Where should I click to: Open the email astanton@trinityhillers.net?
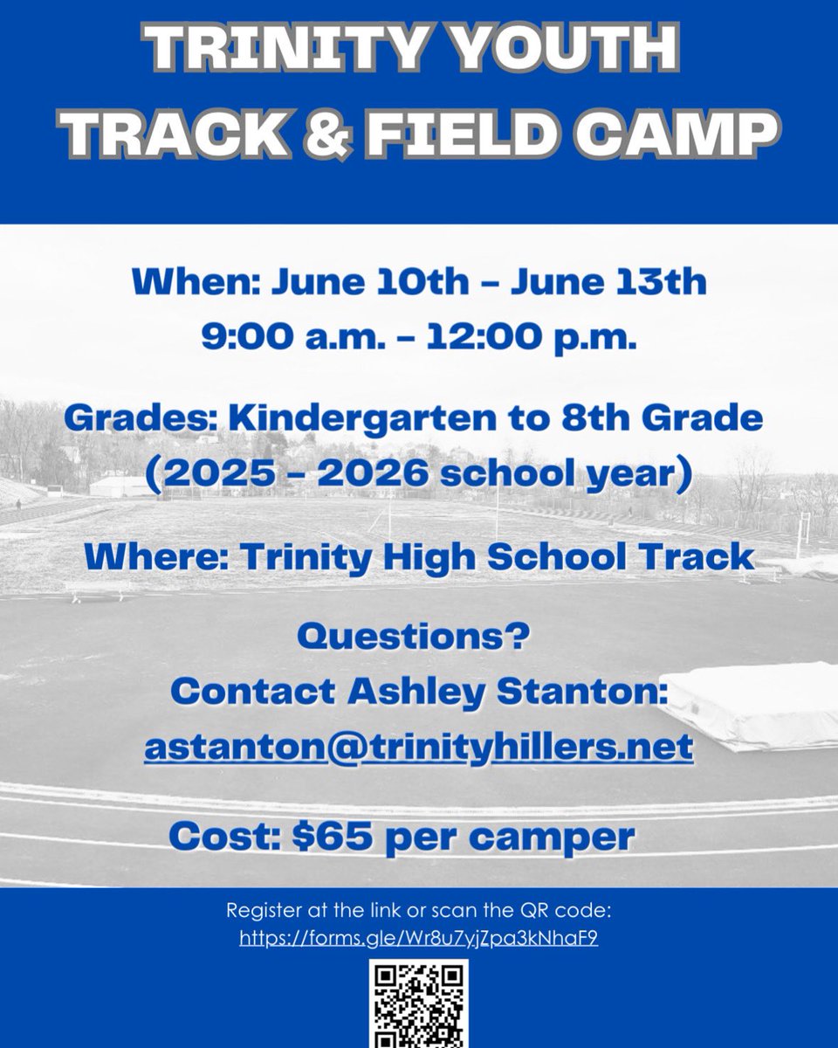click(419, 748)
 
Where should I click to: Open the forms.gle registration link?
click(419, 940)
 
